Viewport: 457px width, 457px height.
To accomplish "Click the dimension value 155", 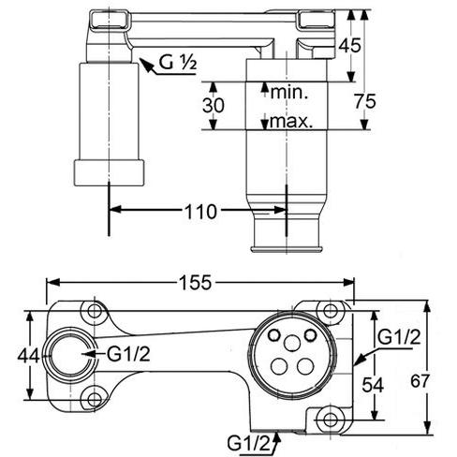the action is pos(196,283).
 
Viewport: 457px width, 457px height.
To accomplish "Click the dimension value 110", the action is pos(200,212).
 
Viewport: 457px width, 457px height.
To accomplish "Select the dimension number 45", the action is pos(350,45).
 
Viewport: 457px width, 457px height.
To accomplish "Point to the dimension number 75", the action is pos(365,101).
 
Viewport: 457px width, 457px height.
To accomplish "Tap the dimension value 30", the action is pos(214,105).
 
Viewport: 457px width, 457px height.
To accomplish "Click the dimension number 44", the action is pos(28,356).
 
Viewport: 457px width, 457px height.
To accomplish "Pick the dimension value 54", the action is pos(373,385).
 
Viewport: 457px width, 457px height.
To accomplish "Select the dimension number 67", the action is pos(420,381).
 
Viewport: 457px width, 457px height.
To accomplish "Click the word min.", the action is pos(289,93).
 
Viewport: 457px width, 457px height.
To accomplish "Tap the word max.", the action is pos(291,121).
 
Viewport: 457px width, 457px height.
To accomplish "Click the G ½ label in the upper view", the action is pos(178,62).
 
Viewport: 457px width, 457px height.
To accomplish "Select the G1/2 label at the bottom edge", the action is pos(248,443).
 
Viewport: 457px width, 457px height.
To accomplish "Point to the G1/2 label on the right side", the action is pos(399,337).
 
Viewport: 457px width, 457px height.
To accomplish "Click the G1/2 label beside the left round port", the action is pos(128,354).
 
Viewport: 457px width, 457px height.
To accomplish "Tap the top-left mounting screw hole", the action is pos(94,311).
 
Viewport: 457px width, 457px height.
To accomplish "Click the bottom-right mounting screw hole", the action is pos(331,420).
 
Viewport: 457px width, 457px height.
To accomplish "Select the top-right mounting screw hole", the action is pos(330,311).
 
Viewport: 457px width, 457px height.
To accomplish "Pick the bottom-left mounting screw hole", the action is pos(94,400).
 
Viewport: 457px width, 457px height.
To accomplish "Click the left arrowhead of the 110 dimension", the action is pos(114,210).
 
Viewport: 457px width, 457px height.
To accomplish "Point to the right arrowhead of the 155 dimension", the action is pos(348,283).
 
